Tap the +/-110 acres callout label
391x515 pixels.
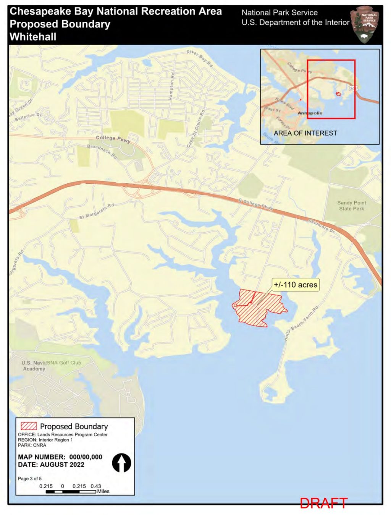(x=296, y=285)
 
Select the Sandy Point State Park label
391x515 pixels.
(x=352, y=206)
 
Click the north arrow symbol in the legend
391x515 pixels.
(x=121, y=463)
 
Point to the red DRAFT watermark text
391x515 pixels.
(x=323, y=503)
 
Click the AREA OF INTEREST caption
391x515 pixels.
(x=305, y=133)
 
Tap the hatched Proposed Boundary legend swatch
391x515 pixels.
(x=29, y=426)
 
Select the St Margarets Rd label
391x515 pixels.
(x=97, y=211)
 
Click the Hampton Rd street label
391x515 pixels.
(x=171, y=86)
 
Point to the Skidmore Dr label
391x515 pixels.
(x=321, y=226)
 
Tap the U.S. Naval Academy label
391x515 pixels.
(x=34, y=366)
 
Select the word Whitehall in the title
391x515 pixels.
(x=33, y=37)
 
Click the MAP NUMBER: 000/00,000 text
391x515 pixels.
(x=60, y=457)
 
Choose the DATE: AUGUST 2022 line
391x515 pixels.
(x=51, y=465)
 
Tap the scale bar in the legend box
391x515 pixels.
(x=71, y=492)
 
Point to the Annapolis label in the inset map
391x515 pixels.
(x=310, y=113)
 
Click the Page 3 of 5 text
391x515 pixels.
(x=30, y=478)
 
